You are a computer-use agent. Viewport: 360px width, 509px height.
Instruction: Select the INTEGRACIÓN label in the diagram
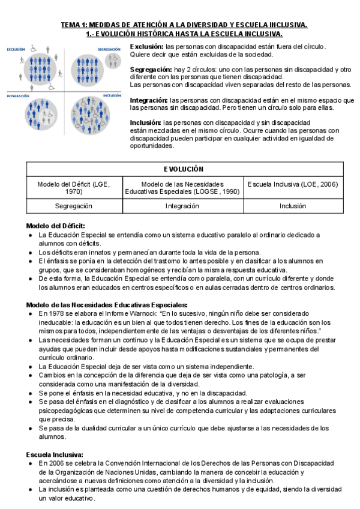tap(17, 95)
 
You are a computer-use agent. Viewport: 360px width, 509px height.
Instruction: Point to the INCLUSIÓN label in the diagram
tap(112, 95)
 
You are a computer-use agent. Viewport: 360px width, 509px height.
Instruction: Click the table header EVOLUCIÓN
tap(184, 169)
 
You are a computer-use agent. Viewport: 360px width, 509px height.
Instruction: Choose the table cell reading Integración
tap(184, 205)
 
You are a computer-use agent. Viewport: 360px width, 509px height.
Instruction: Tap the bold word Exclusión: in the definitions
tap(147, 46)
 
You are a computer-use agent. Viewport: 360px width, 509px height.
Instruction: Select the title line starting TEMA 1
tap(184, 25)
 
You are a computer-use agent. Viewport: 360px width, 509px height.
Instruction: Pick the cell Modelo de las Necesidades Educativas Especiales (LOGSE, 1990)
tap(184, 187)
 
